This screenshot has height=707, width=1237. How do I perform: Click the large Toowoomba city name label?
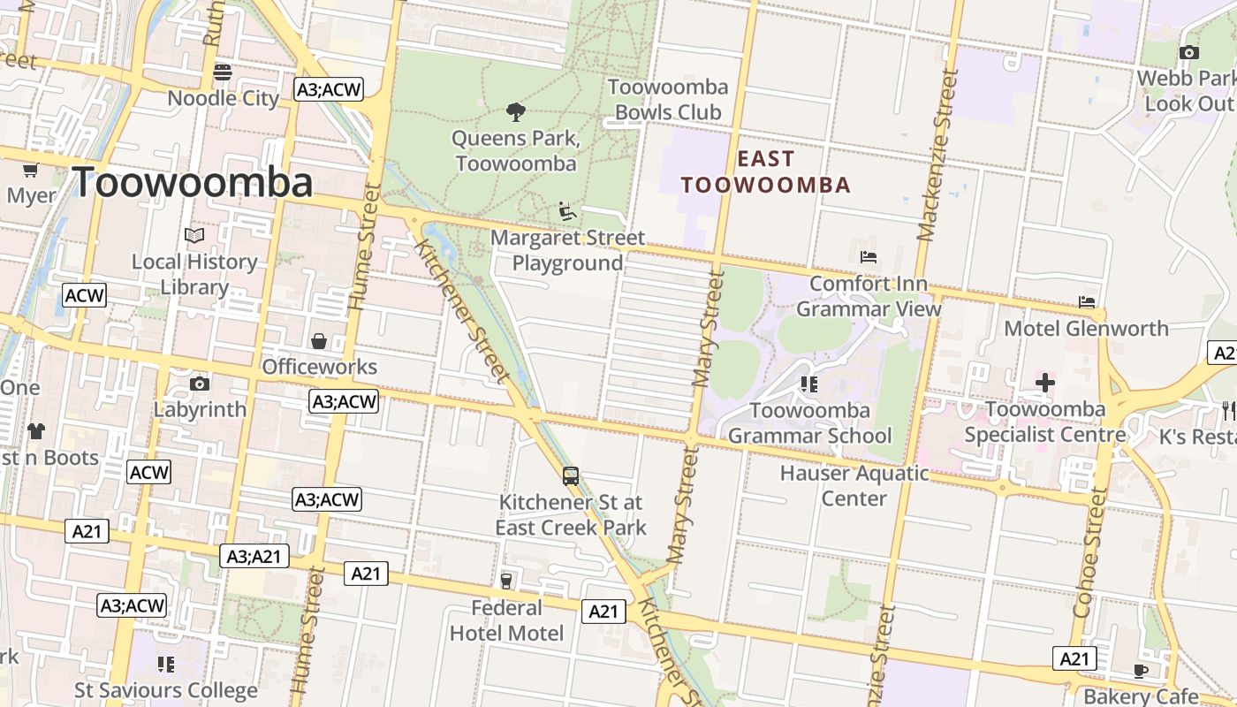193,183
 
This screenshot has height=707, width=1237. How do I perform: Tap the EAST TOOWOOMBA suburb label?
765,172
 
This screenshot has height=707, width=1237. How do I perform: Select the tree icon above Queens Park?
515,111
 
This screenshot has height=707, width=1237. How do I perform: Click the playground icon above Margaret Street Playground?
567,211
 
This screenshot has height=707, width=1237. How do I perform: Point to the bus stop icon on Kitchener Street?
571,476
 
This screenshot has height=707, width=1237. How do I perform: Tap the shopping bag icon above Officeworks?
319,341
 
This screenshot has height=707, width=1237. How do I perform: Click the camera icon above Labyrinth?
200,384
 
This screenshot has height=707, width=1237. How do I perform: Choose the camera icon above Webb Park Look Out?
1189,52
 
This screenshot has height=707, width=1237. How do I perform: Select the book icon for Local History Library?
194,236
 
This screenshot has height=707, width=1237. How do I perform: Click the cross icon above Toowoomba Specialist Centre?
1045,383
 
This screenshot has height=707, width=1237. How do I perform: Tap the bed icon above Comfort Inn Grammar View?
869,257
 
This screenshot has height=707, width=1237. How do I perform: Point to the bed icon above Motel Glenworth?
1087,301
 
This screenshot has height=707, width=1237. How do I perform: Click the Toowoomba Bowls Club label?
668,100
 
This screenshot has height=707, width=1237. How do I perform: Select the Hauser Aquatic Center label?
854,485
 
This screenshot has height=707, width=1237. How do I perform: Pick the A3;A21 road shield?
254,556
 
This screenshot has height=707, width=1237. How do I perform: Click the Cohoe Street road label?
1089,553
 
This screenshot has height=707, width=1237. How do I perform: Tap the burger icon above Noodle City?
223,72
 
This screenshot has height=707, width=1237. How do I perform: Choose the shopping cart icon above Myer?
31,170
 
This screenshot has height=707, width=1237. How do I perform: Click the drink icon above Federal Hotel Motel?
506,581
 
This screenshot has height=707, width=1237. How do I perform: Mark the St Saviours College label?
166,690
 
